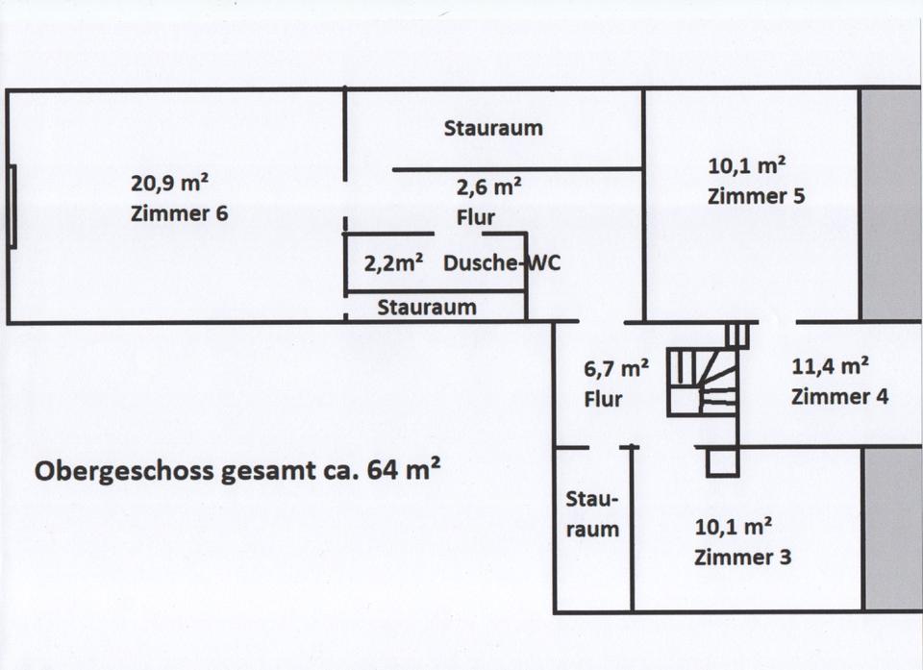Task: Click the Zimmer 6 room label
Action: (179, 212)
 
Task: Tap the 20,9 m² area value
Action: (170, 182)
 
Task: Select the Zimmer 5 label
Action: (756, 196)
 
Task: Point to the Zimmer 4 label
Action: (839, 395)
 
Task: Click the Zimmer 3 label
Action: (742, 557)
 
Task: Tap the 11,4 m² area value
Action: (831, 366)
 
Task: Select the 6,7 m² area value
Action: (616, 368)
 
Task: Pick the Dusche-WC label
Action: (501, 263)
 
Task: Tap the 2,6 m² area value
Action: (488, 187)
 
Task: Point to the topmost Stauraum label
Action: (493, 128)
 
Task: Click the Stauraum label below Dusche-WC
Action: (426, 308)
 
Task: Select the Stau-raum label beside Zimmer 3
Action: (592, 514)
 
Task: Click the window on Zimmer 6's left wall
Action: (13, 206)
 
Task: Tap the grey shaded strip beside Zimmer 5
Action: (890, 204)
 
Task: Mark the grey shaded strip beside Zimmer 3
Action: (891, 528)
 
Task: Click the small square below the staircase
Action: (721, 462)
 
